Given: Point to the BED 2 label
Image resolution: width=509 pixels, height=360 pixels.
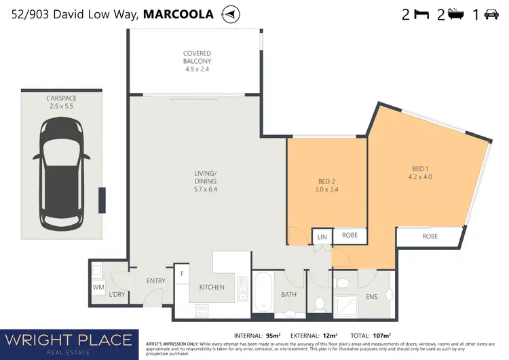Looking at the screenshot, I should (326, 186).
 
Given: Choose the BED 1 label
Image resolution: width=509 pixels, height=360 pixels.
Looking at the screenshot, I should (419, 173).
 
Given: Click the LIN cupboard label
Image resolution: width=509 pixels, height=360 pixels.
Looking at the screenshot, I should (321, 237).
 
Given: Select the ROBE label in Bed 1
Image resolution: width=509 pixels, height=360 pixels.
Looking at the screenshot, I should (430, 236).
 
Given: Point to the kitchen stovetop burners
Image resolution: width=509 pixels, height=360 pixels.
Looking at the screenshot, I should (201, 311).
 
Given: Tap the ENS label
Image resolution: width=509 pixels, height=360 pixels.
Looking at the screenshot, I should (371, 297).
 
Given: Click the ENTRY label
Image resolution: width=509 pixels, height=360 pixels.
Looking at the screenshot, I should (156, 280).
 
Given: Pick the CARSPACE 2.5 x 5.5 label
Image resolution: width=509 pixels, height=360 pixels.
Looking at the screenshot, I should (62, 102).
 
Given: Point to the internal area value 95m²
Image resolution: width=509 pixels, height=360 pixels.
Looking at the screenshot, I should (274, 335).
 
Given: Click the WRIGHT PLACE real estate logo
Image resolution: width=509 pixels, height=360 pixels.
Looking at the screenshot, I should (70, 342).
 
